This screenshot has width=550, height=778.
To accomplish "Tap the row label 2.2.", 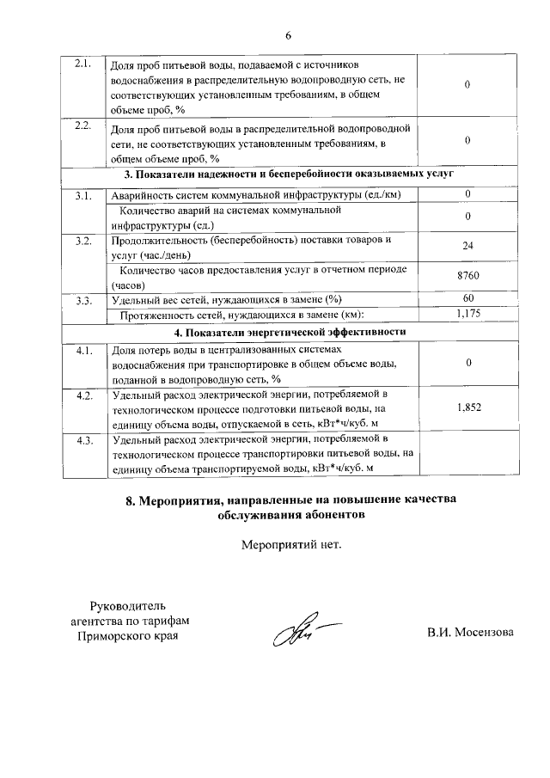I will [83, 127].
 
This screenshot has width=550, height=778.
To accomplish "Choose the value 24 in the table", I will [467, 246].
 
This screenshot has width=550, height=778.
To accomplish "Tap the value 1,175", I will [467, 314].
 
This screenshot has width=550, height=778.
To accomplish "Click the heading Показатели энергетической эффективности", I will [289, 332].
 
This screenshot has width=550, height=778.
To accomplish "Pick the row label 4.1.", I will [83, 352].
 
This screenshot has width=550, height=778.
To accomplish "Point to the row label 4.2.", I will [83, 395].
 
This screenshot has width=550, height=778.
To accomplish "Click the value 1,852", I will [467, 409].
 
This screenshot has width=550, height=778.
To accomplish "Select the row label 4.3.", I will [83, 441].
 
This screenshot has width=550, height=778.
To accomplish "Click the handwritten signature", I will [292, 634].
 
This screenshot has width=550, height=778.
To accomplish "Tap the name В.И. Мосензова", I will [470, 634].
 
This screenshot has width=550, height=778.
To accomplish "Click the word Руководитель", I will [128, 605].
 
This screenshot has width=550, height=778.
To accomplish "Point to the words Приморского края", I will [128, 635].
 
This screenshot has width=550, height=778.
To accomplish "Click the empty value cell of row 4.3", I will [467, 454].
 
